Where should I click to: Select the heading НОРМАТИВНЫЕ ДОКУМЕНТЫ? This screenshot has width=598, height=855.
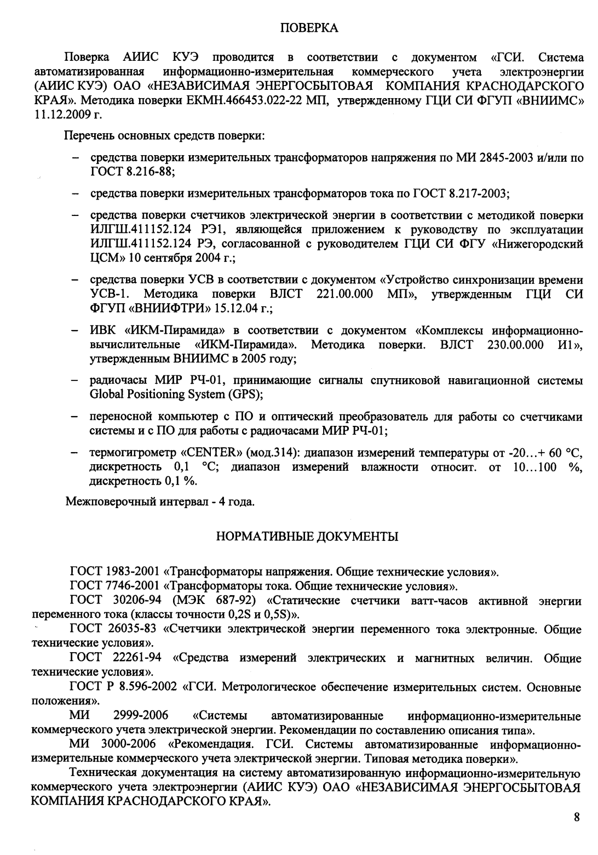(x=307, y=537)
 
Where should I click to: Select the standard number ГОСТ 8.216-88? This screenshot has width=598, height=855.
(x=131, y=172)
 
